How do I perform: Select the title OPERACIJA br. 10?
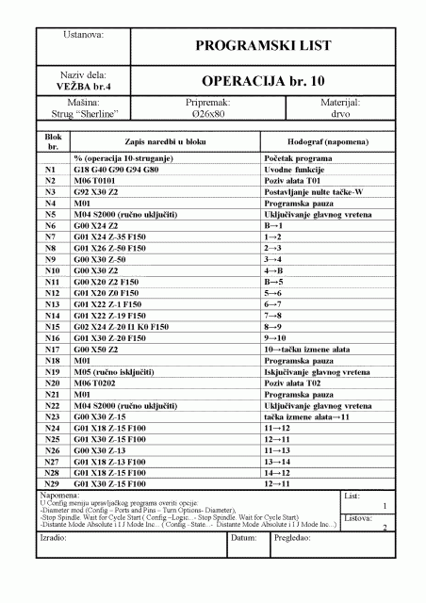point(262,81)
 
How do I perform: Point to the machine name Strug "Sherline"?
point(84,112)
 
